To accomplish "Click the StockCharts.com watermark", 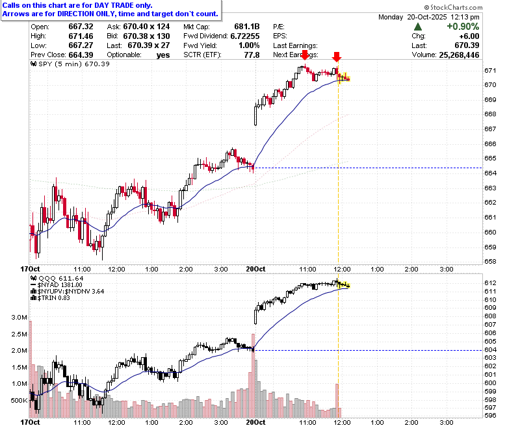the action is [x=453, y=7].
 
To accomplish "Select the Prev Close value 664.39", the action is [x=81, y=55].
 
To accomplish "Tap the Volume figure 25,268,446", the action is [x=459, y=55].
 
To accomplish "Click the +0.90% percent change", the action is [x=463, y=27].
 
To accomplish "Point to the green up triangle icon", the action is [x=418, y=27].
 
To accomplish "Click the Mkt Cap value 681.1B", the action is [x=247, y=27].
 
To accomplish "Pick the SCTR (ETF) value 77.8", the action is [x=252, y=55].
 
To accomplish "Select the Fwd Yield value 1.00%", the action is [x=249, y=45].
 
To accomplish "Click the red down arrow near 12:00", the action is [x=337, y=57].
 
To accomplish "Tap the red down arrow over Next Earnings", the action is [x=305, y=55].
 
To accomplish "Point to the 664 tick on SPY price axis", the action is [x=490, y=173].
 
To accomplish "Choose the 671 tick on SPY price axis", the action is [x=490, y=70].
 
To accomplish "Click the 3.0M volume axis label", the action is [x=19, y=317].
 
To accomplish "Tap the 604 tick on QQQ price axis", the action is [x=490, y=350].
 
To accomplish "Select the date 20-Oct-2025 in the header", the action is [x=427, y=17].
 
